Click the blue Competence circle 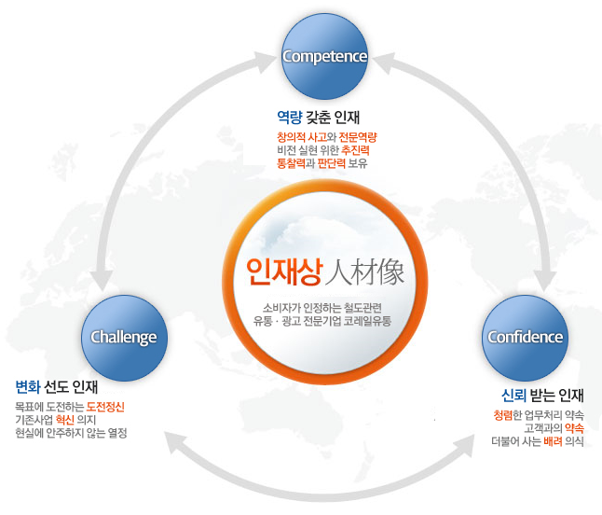coord(324,55)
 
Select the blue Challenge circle coord(123,337)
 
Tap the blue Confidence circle coord(526,337)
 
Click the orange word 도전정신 coord(105,407)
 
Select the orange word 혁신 coord(65,420)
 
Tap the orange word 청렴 coord(504,414)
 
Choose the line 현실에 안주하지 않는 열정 coord(71,433)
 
